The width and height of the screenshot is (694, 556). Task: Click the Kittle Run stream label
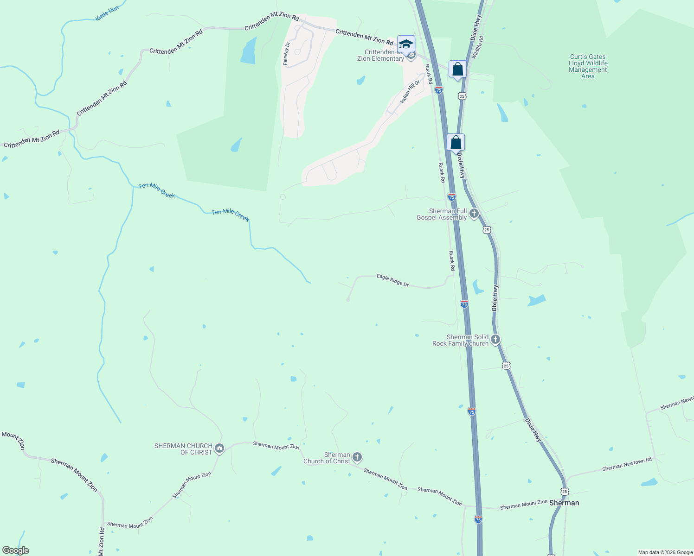pos(107,13)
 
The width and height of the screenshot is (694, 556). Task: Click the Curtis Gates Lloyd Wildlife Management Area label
pos(588,67)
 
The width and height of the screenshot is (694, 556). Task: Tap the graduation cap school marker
pos(406,44)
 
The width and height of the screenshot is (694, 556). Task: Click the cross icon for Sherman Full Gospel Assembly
pos(474,214)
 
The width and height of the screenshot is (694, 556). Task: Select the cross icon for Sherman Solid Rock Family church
pos(495,340)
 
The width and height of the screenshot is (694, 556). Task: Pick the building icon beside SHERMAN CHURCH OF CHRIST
pos(219,448)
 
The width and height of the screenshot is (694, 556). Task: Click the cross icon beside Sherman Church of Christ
pos(357,457)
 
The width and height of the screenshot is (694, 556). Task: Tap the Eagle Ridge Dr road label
pos(392,280)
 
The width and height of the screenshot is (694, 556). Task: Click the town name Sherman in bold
pos(564,503)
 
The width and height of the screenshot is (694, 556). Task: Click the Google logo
pos(15,550)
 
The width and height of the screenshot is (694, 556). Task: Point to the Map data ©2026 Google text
pos(665,552)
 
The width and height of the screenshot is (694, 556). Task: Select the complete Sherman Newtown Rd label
pos(627,464)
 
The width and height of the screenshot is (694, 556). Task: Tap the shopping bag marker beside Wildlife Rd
pos(457,69)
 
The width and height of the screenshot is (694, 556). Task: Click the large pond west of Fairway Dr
pos(248,51)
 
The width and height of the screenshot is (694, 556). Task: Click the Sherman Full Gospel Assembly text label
pos(442,214)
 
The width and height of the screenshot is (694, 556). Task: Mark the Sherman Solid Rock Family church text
pos(461,340)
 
